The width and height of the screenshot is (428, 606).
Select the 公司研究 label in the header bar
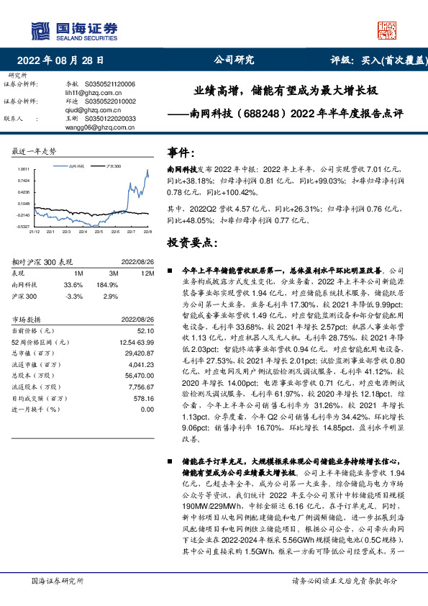point(234,60)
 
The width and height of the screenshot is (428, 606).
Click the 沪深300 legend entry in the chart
point(112,166)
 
